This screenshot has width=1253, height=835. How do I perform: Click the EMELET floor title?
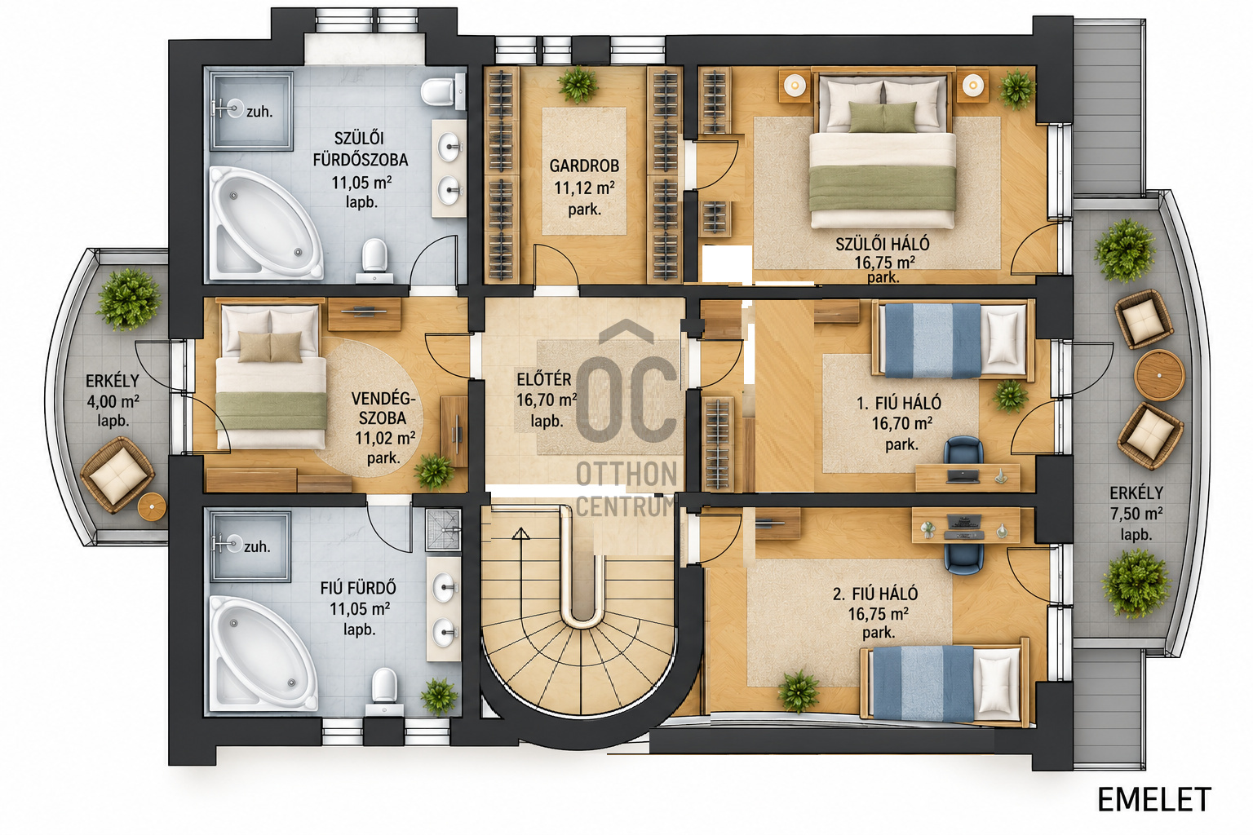[x=1154, y=800]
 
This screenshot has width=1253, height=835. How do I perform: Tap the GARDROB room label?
[x=584, y=166]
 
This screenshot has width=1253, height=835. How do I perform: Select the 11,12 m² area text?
[x=584, y=188]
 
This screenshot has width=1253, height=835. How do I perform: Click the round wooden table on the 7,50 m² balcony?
[x=1159, y=375]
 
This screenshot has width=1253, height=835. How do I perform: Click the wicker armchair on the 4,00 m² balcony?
[x=117, y=475]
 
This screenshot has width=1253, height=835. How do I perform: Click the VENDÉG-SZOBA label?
[x=383, y=409]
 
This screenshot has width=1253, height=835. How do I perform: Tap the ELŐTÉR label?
[x=544, y=379]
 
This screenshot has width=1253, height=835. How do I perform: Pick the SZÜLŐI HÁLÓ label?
[x=883, y=244]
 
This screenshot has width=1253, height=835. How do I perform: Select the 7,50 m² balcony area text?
[x=1136, y=514]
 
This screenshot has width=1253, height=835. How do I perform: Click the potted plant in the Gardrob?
[x=578, y=85]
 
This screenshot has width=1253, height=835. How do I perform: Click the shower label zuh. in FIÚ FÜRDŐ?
[x=257, y=546]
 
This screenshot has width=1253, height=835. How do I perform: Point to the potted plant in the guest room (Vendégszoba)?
[x=434, y=471]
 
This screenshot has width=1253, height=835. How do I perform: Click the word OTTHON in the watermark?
[x=626, y=475]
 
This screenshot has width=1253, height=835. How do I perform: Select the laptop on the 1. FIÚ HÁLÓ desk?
[x=963, y=476]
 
